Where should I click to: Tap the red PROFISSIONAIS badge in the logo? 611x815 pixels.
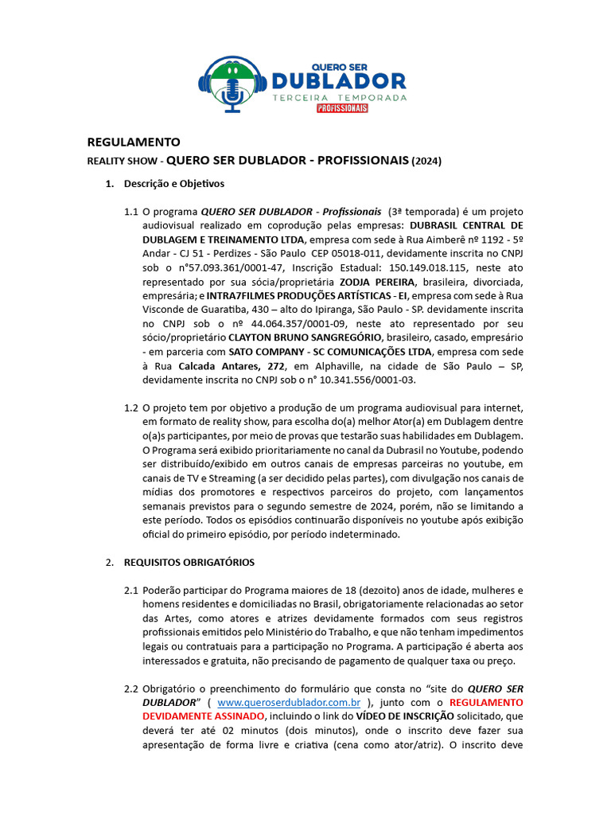341,107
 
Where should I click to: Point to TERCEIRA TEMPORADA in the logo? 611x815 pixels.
339,97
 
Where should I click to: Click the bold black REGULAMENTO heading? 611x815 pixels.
134,142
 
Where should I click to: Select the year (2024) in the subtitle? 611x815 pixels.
426,161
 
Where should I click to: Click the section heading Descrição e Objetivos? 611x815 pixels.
173,184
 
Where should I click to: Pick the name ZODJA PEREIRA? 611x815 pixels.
377,283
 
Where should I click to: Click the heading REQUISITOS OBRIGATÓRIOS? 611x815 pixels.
189,562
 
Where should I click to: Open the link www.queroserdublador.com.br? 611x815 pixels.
289,703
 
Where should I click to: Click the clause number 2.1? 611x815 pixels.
131,591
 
